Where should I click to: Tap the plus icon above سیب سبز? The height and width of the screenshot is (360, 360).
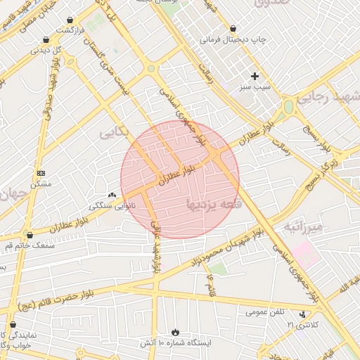[255, 76]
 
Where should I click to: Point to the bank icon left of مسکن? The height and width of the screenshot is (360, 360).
[40, 173]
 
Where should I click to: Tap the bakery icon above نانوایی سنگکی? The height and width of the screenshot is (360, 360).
[112, 195]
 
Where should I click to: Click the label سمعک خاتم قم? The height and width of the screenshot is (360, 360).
[29, 245]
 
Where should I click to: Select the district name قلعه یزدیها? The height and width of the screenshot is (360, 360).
[214, 204]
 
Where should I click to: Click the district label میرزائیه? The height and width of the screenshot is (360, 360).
[302, 226]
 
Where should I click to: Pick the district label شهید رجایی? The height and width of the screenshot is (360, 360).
[327, 98]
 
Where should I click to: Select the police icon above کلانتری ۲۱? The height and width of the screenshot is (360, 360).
[302, 314]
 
